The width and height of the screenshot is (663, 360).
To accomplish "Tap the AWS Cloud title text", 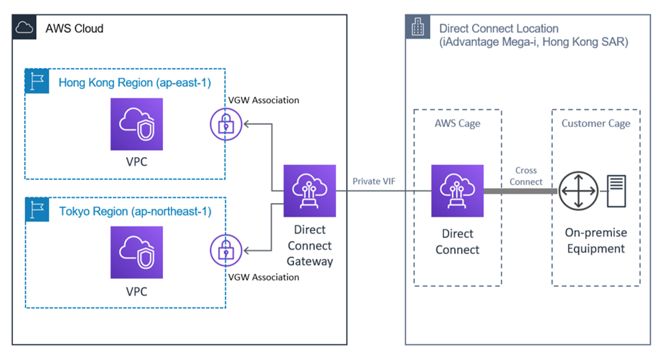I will click(75, 29).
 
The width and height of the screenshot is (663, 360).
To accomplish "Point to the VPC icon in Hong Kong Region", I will click(136, 124).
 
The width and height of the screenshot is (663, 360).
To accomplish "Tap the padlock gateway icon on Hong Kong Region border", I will click(225, 124).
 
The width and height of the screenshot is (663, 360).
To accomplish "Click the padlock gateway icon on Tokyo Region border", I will click(225, 251).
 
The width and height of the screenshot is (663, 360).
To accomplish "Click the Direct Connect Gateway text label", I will click(310, 245).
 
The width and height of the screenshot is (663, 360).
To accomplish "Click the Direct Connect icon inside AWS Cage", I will click(457, 191).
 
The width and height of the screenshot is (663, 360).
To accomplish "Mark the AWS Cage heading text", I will click(457, 123).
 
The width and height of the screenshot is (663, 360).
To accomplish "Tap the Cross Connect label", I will click(526, 176).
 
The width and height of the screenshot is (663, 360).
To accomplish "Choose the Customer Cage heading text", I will click(596, 123).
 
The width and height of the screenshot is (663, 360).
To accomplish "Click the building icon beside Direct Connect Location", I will click(418, 29).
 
